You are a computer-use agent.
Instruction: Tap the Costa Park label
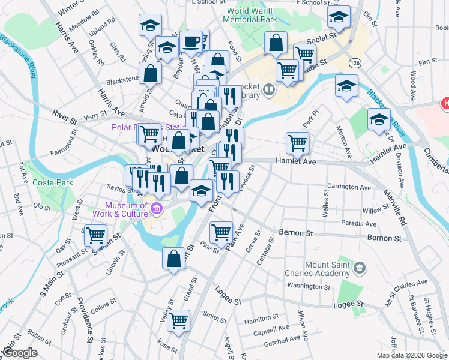pyautogui.click(x=35, y=181)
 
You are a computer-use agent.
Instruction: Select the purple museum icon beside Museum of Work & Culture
pyautogui.click(x=157, y=209)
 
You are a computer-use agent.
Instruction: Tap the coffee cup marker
pyautogui.click(x=191, y=41)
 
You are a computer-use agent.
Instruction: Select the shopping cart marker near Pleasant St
pyautogui.click(x=95, y=235)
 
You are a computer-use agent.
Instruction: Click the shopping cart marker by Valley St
pyautogui.click(x=179, y=320)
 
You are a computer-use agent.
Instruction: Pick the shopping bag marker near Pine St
pyautogui.click(x=173, y=259)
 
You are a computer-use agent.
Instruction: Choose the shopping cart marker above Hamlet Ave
pyautogui.click(x=298, y=142)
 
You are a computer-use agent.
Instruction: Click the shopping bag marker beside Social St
pyautogui.click(x=275, y=43)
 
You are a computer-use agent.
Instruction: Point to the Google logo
pyautogui.click(x=20, y=353)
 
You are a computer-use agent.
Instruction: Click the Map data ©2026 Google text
pyautogui.click(x=412, y=355)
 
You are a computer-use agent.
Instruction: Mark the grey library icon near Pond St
pyautogui.click(x=268, y=90)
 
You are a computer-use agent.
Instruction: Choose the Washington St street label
pyautogui.click(x=309, y=286)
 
